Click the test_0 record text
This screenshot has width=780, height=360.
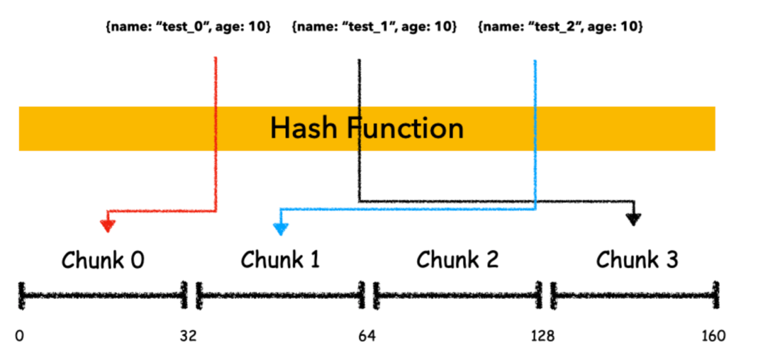coord(189,27)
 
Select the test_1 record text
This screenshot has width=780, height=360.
coord(374,27)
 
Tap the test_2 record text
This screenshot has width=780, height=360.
coord(560,27)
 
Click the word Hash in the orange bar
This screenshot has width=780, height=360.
coord(303,128)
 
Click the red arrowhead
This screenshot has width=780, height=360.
coord(108,225)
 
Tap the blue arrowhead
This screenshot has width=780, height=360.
coord(281,229)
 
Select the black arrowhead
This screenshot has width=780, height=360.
coord(633,219)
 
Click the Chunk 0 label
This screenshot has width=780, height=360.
coord(103,260)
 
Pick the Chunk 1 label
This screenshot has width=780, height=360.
coord(281,260)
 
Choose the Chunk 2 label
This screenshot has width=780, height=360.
coord(457,260)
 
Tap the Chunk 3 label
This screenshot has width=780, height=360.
coord(637,260)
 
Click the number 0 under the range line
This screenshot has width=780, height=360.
coord(19,336)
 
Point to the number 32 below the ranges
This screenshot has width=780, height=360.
coord(189,336)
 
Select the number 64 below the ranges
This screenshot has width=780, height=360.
coord(367,336)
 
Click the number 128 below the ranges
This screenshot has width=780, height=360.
coord(542,336)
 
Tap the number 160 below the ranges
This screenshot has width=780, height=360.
coord(713,336)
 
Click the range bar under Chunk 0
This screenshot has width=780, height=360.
coord(103,296)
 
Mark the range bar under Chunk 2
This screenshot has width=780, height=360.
coord(457,296)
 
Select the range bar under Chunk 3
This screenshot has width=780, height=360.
coord(635,296)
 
